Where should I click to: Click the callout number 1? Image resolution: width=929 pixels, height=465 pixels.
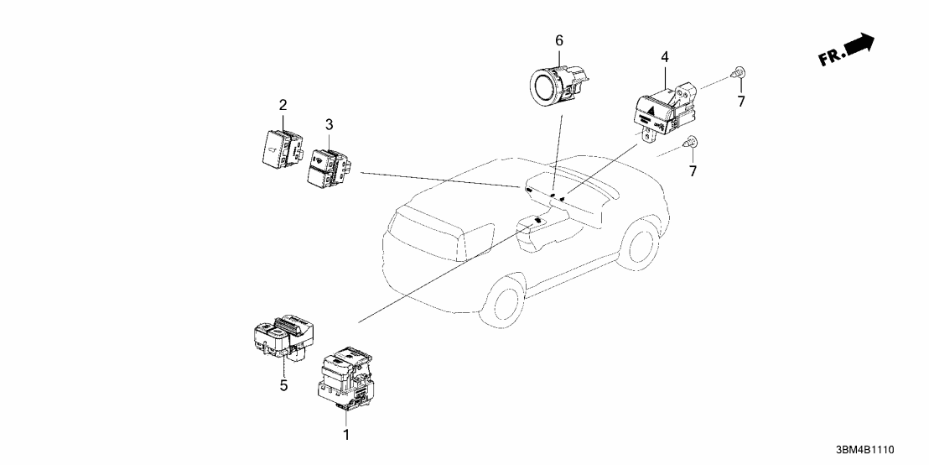click(x=344, y=435)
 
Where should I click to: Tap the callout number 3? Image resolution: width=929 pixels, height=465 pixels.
click(x=329, y=124)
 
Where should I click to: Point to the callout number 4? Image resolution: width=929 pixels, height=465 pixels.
click(x=664, y=57)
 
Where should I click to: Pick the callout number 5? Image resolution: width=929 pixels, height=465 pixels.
click(x=283, y=385)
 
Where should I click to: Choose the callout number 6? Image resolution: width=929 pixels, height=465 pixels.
click(x=559, y=40)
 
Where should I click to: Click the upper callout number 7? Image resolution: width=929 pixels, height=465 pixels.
click(x=740, y=102)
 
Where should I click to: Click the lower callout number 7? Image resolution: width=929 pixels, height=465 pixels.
click(x=693, y=171)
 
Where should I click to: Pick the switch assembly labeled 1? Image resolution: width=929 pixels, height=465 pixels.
click(x=344, y=378)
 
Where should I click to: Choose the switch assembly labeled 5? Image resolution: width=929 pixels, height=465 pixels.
click(x=283, y=336)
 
